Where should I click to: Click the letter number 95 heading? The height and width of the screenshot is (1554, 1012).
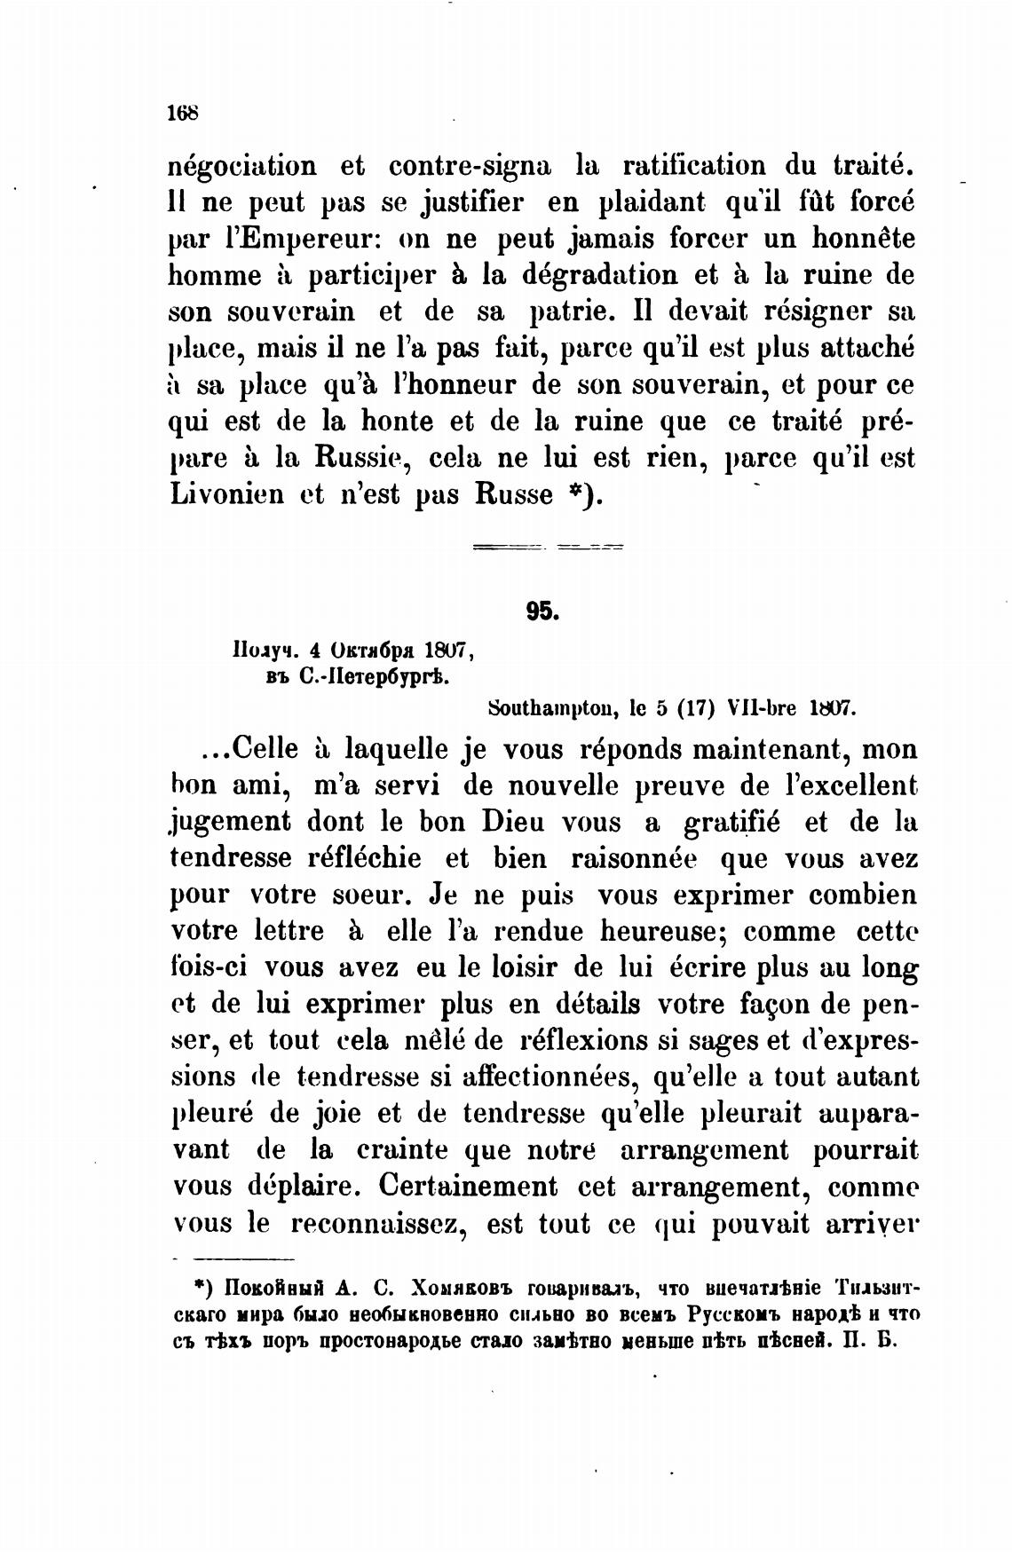(x=541, y=611)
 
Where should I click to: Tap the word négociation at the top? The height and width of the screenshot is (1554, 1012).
(x=242, y=166)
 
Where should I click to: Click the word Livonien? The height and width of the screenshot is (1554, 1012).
(x=226, y=494)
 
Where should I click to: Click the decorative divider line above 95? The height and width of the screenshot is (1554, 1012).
(x=549, y=548)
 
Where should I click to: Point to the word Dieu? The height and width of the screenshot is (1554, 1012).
(x=505, y=823)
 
